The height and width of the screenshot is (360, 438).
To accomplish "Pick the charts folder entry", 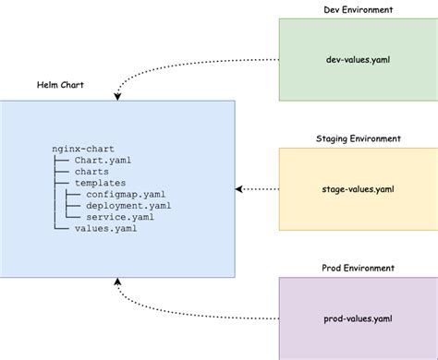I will click(x=92, y=172).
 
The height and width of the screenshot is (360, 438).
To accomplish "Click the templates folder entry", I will click(x=101, y=184).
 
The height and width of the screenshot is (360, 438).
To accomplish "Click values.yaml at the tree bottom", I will click(x=106, y=229).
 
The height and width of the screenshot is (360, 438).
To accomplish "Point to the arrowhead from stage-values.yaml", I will click(x=240, y=188).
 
